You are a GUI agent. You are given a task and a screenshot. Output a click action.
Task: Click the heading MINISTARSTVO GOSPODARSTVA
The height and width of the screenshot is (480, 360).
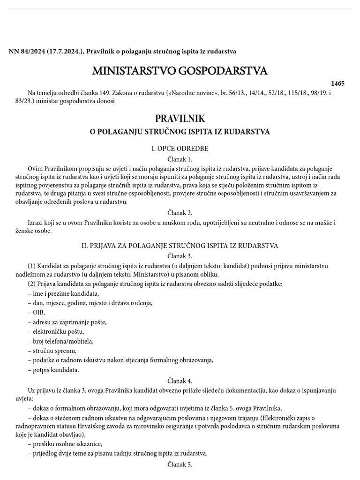[x=180, y=71]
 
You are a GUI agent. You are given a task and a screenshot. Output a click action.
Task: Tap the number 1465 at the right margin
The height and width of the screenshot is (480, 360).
[x=337, y=83]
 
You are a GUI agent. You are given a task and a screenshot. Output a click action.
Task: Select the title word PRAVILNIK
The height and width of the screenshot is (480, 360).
[x=180, y=119]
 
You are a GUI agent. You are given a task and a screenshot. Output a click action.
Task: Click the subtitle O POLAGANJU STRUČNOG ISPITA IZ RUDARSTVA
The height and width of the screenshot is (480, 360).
[x=180, y=132]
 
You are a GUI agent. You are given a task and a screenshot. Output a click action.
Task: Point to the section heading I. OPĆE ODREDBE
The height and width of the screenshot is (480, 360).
[x=180, y=149]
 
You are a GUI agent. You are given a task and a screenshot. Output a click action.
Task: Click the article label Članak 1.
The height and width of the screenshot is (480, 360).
[x=180, y=159]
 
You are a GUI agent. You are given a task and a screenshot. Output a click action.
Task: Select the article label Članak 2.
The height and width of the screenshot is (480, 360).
[x=180, y=213]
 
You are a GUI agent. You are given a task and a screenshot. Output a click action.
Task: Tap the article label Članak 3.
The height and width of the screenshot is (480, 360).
[x=180, y=256]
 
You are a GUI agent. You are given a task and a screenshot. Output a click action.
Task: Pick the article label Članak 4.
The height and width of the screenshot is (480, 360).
[x=180, y=381]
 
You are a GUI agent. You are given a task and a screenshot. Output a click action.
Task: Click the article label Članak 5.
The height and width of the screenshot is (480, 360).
[x=180, y=465]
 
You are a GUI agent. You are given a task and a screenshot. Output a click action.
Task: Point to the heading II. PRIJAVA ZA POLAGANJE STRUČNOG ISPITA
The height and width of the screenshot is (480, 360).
[x=180, y=246]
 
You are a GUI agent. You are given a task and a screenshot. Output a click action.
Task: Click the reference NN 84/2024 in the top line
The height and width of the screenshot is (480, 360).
[x=26, y=51]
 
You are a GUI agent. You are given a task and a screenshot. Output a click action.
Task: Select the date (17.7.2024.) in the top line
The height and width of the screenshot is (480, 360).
[x=65, y=51]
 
